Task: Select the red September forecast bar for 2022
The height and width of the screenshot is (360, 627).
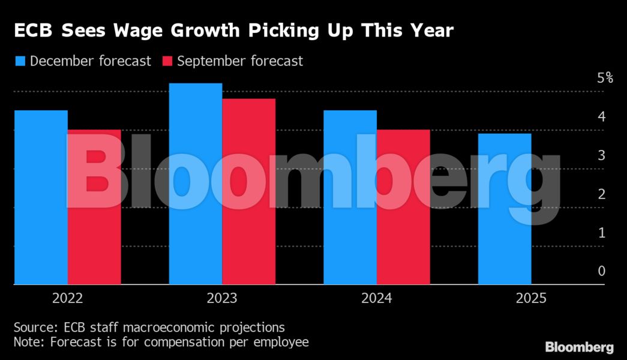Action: click(94, 206)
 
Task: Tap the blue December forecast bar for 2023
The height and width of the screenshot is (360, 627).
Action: click(196, 184)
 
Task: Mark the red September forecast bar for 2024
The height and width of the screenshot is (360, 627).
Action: click(403, 206)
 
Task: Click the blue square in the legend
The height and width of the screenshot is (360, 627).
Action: click(20, 61)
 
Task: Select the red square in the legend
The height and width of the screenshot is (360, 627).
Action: click(167, 61)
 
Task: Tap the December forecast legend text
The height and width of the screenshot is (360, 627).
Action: click(90, 61)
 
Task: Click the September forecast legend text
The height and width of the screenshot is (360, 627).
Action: click(240, 61)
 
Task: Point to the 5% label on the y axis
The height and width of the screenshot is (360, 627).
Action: click(605, 77)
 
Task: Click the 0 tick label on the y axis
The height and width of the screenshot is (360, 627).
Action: click(602, 271)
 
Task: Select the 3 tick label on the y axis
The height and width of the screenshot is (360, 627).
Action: click(602, 155)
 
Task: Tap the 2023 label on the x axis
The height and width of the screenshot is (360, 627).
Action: click(222, 298)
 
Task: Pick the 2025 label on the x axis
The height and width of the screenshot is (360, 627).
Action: click(530, 298)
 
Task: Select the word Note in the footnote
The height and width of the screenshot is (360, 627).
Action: click(28, 342)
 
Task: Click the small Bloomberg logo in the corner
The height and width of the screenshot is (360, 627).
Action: click(579, 347)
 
